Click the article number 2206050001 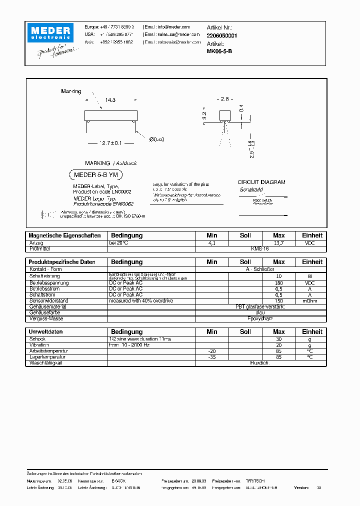pyautogui.click(x=222, y=36)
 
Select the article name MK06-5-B pyautogui.click(x=219, y=51)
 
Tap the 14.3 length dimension pyautogui.click(x=110, y=100)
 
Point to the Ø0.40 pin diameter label pyautogui.click(x=156, y=139)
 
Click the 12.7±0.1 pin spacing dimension pyautogui.click(x=110, y=143)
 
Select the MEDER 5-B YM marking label pyautogui.click(x=95, y=175)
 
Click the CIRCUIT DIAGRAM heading pyautogui.click(x=261, y=182)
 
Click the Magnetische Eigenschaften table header pyautogui.click(x=65, y=235)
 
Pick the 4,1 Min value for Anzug pyautogui.click(x=211, y=242)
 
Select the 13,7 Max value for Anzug pyautogui.click(x=278, y=242)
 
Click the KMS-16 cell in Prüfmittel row pyautogui.click(x=260, y=248)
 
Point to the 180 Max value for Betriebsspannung pyautogui.click(x=278, y=283)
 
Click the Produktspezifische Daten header pyautogui.click(x=62, y=262)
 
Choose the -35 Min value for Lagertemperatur pyautogui.click(x=211, y=357)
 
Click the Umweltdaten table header pyautogui.click(x=45, y=332)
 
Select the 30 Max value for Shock pyautogui.click(x=278, y=339)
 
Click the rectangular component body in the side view pyautogui.click(x=110, y=115)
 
